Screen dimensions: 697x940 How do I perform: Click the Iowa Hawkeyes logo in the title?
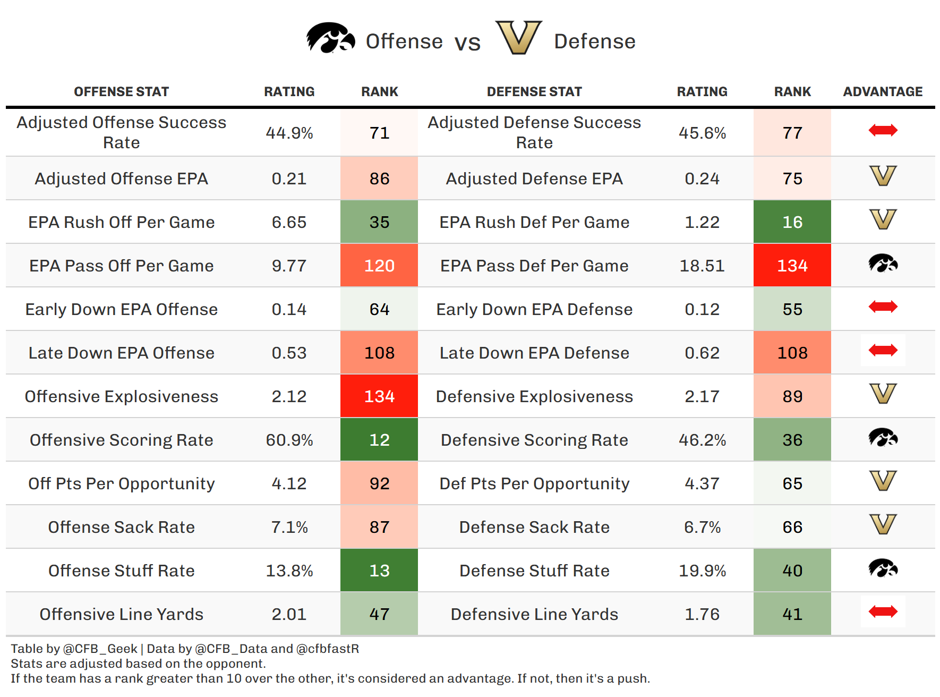(330, 38)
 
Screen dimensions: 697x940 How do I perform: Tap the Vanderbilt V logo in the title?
(518, 38)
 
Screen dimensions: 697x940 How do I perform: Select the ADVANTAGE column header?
(883, 92)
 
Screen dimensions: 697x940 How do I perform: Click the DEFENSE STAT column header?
(534, 92)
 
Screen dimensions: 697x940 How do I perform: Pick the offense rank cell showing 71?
(379, 133)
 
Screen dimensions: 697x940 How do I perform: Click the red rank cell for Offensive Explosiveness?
(379, 396)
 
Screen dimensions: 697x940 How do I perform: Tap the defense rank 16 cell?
(792, 222)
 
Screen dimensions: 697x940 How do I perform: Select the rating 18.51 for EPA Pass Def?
(702, 266)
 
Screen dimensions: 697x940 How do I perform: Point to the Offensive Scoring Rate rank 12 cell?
(379, 440)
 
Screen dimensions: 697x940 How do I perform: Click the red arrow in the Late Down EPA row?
(883, 350)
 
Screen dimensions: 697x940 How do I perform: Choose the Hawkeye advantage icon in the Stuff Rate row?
(883, 568)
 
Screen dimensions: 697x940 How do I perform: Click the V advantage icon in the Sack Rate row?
(883, 525)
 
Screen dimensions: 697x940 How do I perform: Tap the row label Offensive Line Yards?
(122, 614)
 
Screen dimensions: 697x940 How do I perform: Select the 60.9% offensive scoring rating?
(289, 440)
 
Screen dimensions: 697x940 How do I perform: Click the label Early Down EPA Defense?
(534, 309)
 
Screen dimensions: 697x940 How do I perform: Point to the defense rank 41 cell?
(792, 614)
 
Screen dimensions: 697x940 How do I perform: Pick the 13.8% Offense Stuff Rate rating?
(289, 571)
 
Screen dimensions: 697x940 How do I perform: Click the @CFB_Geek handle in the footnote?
(100, 649)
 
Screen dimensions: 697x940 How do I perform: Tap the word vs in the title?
(467, 42)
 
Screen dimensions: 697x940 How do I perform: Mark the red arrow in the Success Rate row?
(883, 130)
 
